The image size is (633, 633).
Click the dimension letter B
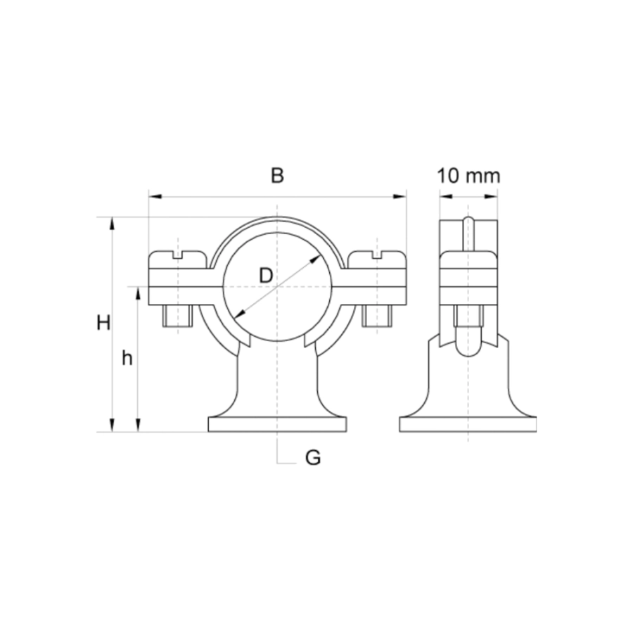277,176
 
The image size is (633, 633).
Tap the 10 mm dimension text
468,176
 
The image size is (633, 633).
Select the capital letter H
103,323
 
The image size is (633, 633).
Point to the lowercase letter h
127,358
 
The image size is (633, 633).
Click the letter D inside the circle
266,276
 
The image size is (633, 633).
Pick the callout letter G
313,458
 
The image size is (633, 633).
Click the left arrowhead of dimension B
155,197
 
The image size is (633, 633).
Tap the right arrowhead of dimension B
399,197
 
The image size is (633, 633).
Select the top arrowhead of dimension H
113,224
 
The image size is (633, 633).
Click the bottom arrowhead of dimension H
113,425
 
